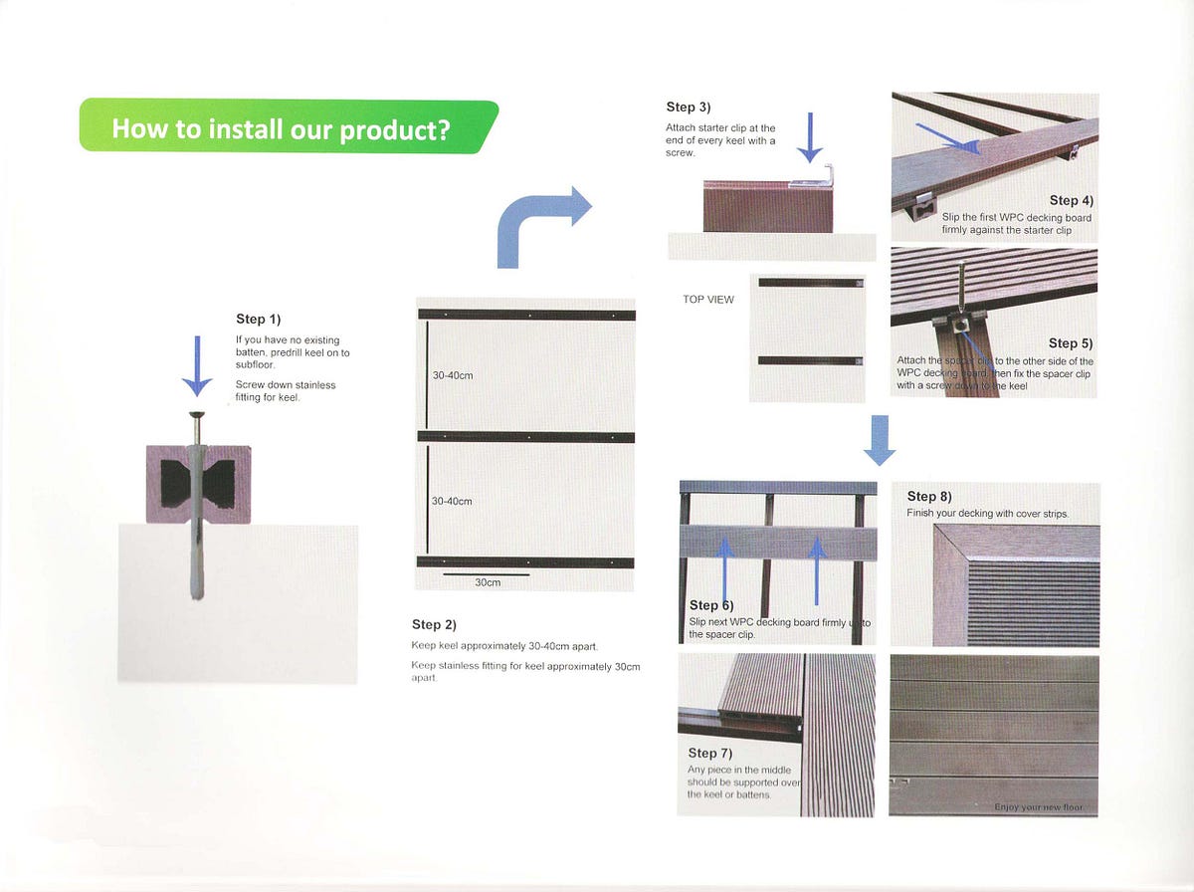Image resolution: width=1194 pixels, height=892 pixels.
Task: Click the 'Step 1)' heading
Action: (x=259, y=320)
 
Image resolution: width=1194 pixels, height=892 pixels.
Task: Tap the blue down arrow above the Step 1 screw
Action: (x=197, y=366)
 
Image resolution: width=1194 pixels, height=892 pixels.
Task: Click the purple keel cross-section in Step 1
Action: (x=198, y=484)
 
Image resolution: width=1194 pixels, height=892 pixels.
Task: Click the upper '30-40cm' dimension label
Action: (x=452, y=376)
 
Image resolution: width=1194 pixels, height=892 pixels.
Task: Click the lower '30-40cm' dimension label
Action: (x=452, y=501)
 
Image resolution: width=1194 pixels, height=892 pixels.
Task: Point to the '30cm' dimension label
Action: (x=487, y=582)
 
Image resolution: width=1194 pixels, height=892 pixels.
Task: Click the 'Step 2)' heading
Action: (x=434, y=624)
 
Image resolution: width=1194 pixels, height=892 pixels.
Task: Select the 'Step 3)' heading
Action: (x=688, y=108)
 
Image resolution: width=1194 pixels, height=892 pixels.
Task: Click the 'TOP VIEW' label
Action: (x=708, y=300)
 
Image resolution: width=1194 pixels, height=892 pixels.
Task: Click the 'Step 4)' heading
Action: (x=1070, y=201)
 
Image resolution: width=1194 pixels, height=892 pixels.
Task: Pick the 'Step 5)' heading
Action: (x=1070, y=343)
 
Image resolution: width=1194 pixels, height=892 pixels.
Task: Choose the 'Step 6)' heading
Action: (x=710, y=605)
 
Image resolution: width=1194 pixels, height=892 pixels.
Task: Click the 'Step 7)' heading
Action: (x=710, y=754)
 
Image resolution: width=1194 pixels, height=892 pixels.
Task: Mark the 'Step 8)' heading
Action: (x=929, y=497)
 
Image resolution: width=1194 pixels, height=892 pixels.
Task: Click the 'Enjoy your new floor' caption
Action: (x=1039, y=806)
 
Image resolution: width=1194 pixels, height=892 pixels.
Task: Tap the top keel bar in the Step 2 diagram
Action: (x=526, y=315)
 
